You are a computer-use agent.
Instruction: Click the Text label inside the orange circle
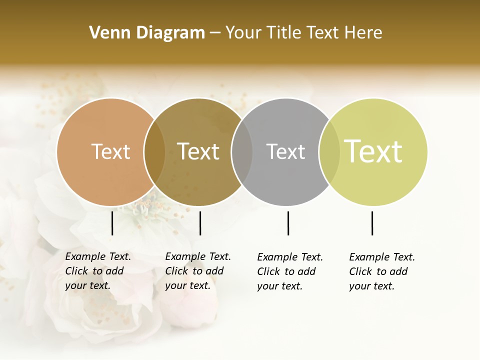click(110, 151)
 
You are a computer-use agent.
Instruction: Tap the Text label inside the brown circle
click(198, 151)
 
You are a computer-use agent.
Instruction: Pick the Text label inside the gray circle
click(285, 151)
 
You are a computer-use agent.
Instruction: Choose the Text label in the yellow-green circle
click(373, 151)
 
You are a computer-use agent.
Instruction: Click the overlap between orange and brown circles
click(154, 151)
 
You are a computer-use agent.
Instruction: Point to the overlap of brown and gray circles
click(242, 151)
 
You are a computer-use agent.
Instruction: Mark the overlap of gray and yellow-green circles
click(329, 151)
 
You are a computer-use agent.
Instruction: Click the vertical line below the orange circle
click(112, 223)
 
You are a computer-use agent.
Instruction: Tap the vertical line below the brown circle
click(200, 223)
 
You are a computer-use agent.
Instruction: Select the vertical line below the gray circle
click(288, 223)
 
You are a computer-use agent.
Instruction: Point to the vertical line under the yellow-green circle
click(372, 223)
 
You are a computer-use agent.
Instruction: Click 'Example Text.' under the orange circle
click(98, 256)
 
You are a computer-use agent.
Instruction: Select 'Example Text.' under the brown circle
click(198, 256)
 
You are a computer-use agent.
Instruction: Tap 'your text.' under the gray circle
click(280, 286)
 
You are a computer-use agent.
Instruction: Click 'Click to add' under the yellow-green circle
click(378, 271)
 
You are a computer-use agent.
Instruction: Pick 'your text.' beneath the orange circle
click(88, 286)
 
